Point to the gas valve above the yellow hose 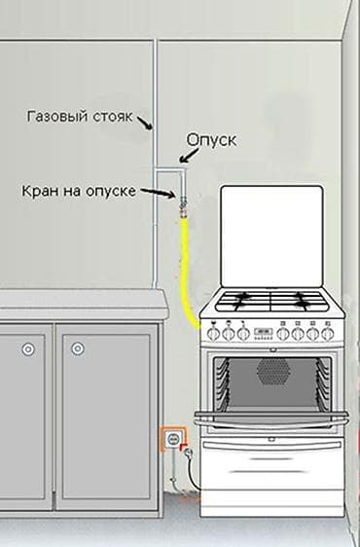[x=181, y=205]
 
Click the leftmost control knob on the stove [x=212, y=332]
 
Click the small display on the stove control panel [x=264, y=331]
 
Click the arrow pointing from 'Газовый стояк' [x=146, y=124]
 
